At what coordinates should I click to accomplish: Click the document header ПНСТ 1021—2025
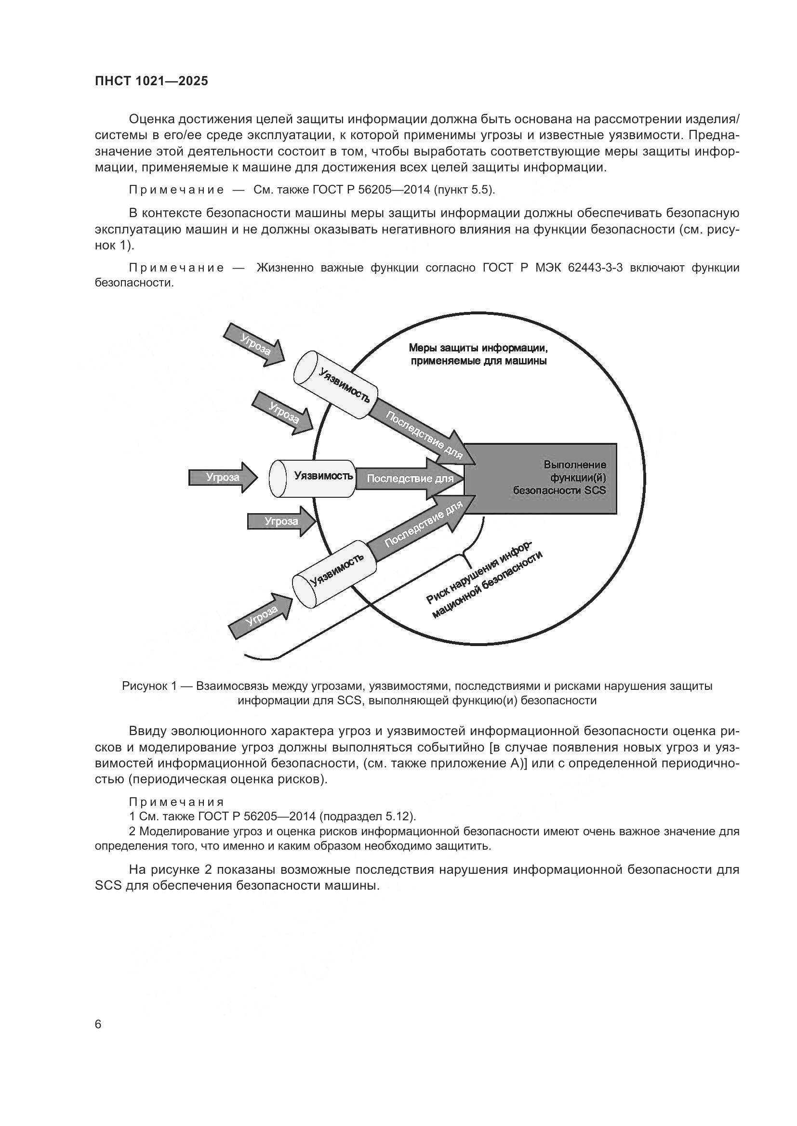pos(151,81)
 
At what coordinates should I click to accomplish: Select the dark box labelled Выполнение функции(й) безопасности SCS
pos(540,478)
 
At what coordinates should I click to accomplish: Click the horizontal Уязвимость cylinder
pos(312,478)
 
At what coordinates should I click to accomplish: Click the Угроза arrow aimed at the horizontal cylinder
pos(222,477)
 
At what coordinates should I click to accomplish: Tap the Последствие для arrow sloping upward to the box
pos(422,523)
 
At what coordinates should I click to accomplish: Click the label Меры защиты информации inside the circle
pos(478,349)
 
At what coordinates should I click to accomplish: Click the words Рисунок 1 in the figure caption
pos(149,686)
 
